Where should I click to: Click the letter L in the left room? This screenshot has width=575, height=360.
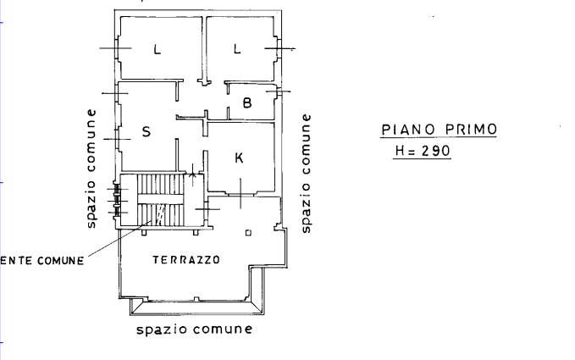click(157, 49)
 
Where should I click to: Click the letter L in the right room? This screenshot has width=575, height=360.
click(237, 48)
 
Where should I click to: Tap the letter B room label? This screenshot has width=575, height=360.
click(247, 102)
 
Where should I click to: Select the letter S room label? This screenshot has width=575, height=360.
click(147, 131)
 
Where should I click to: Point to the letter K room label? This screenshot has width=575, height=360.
click(239, 158)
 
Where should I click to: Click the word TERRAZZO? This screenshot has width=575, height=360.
click(186, 260)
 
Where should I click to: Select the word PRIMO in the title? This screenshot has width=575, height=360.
click(471, 129)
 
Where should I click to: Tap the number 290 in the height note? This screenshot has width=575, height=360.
click(435, 151)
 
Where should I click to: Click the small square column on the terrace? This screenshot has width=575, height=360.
click(248, 233)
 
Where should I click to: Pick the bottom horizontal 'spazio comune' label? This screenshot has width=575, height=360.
click(195, 330)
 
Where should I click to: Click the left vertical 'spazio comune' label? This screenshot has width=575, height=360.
click(91, 169)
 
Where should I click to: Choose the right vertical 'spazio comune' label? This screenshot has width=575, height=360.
click(306, 173)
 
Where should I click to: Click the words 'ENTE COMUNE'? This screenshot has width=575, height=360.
click(42, 261)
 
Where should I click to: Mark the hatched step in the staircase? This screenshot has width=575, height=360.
click(161, 214)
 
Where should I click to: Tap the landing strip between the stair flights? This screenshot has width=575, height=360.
click(160, 199)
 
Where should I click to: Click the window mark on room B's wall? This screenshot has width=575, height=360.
click(279, 91)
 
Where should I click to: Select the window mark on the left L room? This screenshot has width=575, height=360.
click(115, 48)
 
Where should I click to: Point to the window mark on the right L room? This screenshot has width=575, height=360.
click(279, 48)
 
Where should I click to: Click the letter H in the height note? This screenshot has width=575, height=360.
click(400, 151)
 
